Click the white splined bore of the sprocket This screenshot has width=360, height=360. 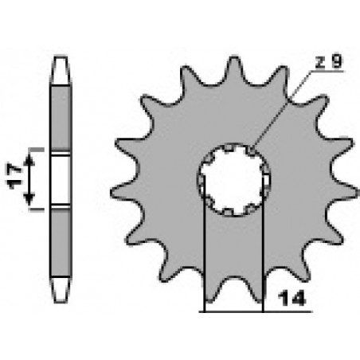point(234,178)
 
